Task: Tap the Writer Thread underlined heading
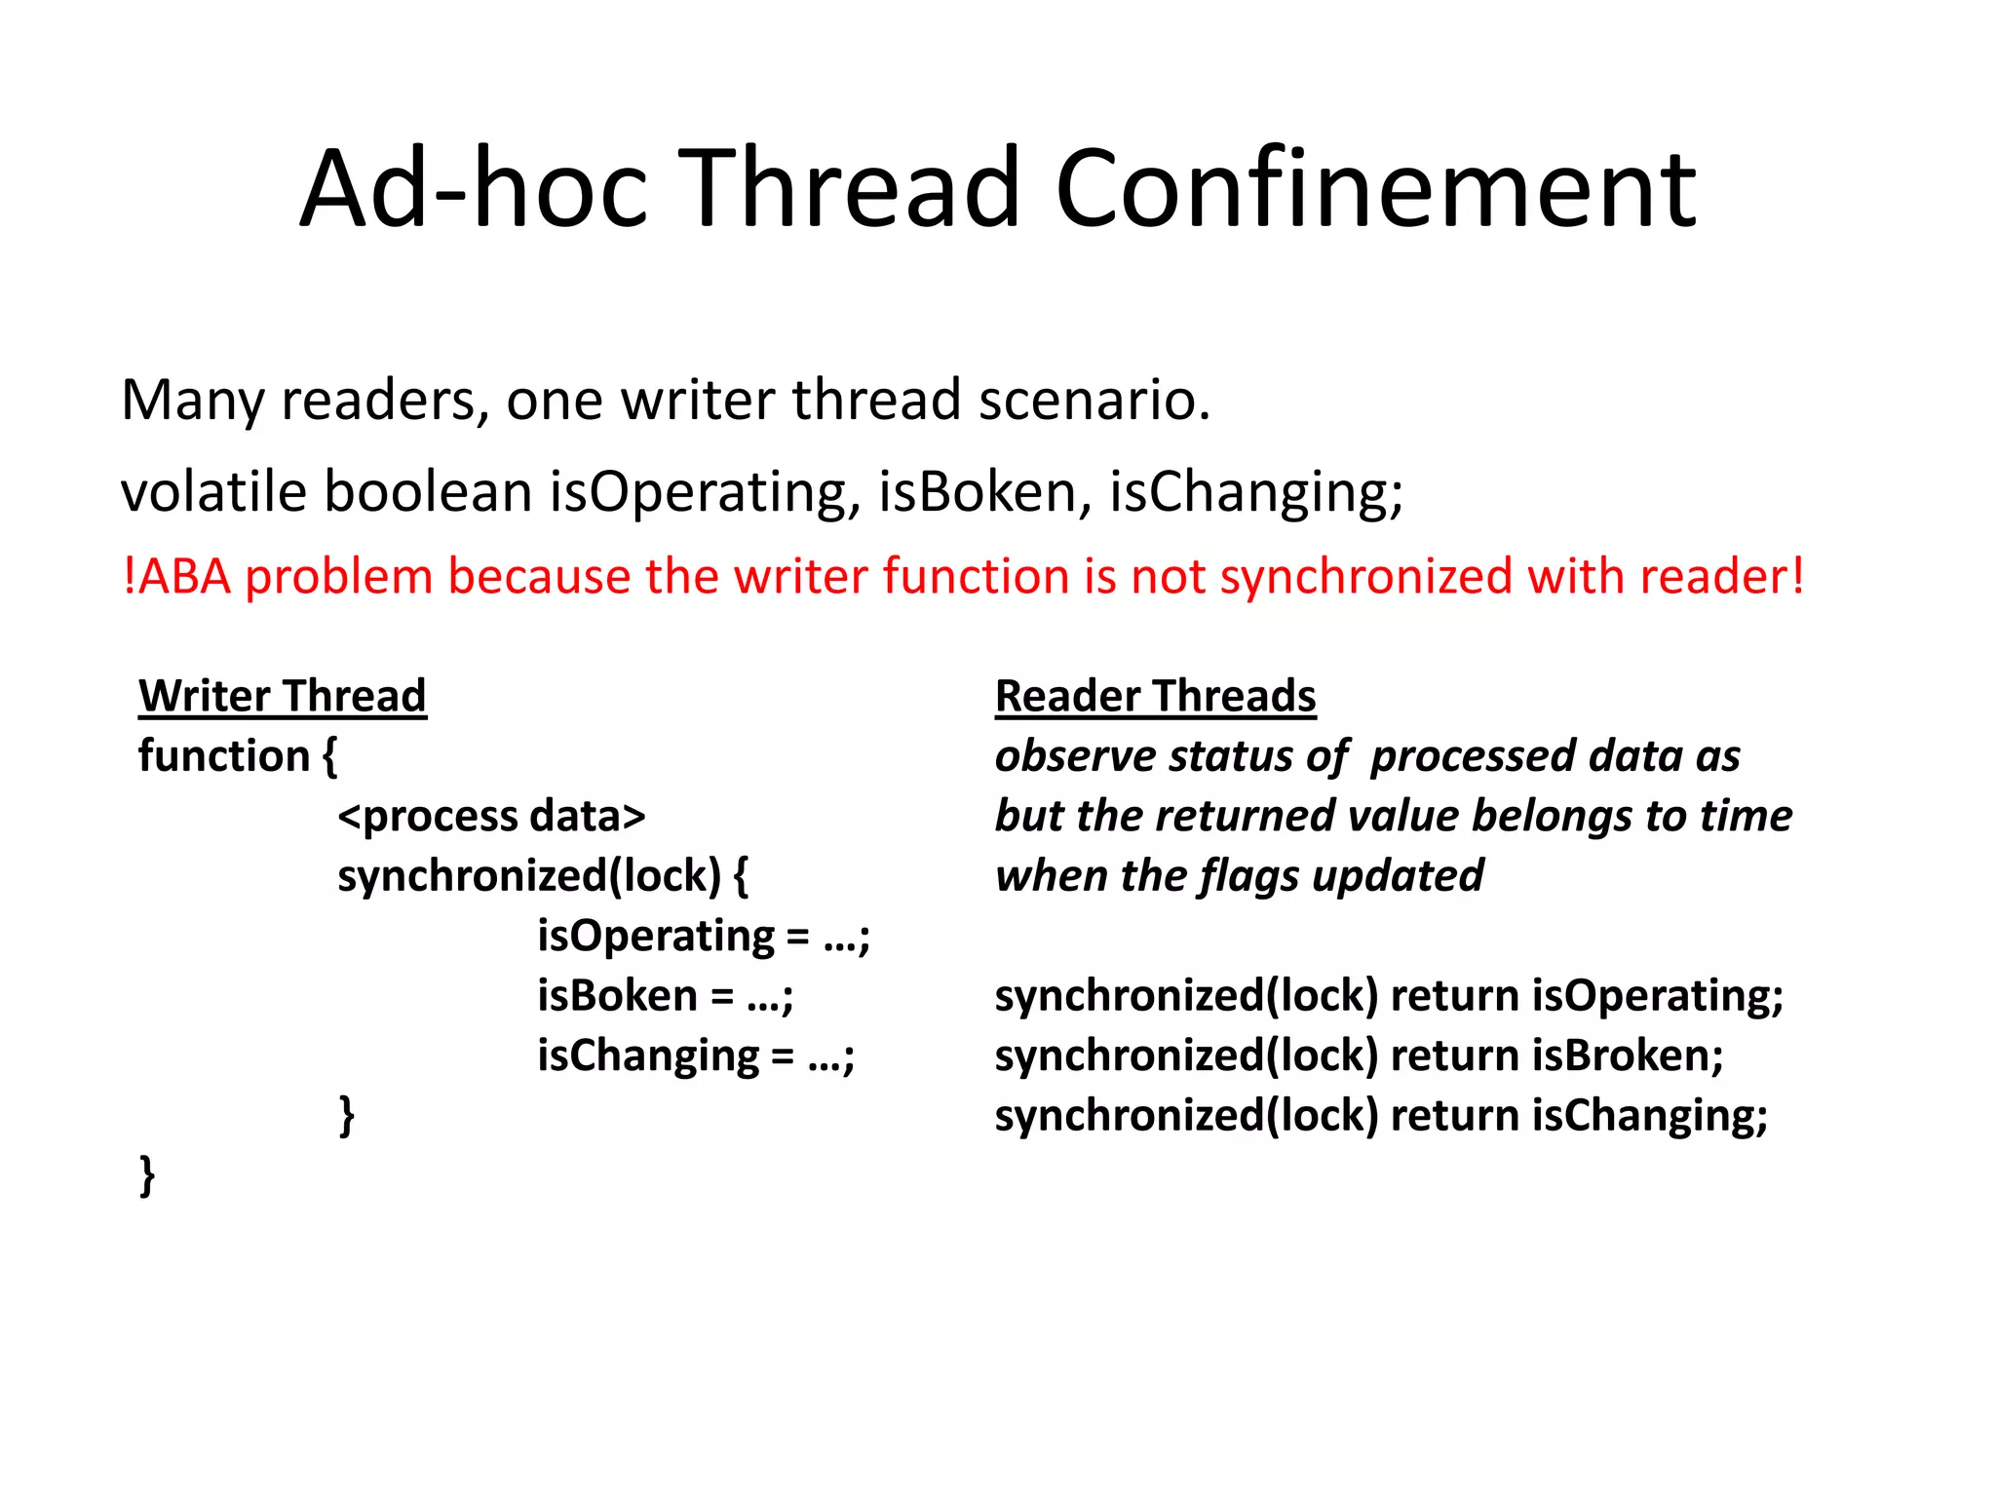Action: [x=283, y=696]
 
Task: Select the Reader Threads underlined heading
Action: [x=1155, y=696]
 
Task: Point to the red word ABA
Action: [x=184, y=576]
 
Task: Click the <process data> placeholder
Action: [x=491, y=817]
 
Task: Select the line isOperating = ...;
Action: [x=704, y=937]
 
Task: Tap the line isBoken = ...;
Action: [x=666, y=996]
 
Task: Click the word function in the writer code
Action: [x=224, y=756]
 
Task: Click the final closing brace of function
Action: [x=147, y=1175]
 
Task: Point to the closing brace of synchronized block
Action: [x=346, y=1115]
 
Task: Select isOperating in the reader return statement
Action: [x=1657, y=996]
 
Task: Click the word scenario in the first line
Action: [x=1094, y=400]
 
